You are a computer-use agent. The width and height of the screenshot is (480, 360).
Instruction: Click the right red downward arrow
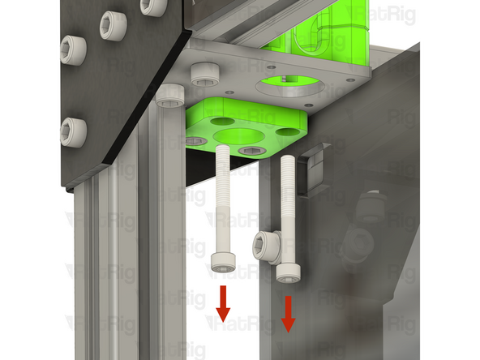tap(288, 315)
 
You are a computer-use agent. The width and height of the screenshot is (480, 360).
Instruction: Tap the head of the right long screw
tap(287, 272)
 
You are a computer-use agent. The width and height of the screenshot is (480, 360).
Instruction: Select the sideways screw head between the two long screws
tap(266, 243)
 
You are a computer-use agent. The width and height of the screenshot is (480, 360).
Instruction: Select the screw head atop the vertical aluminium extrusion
tap(172, 95)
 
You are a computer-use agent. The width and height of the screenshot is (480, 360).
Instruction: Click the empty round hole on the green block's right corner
tap(286, 131)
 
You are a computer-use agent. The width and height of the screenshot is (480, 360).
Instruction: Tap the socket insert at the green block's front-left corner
tap(196, 141)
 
